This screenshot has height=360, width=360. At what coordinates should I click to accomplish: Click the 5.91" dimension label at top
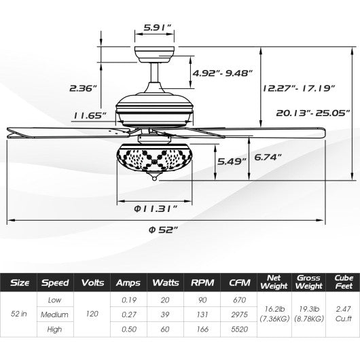[157, 27]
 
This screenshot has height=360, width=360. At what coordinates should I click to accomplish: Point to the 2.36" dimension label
[84, 88]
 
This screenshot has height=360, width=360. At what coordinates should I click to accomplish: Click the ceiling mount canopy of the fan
[157, 53]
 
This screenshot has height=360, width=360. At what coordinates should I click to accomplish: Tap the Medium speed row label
[54, 314]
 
